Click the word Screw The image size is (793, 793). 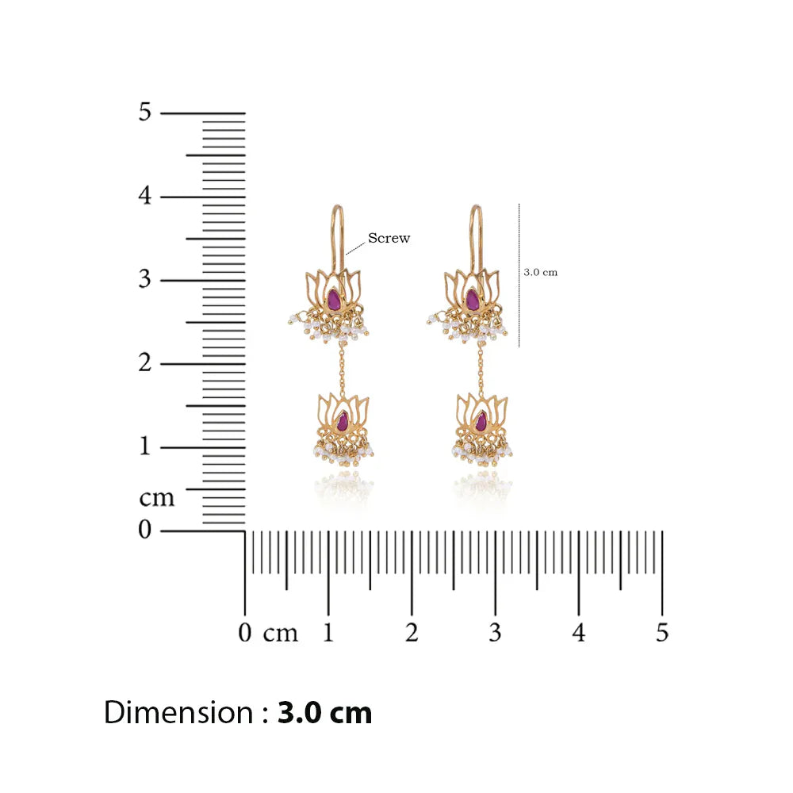389,238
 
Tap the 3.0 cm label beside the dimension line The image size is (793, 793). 541,272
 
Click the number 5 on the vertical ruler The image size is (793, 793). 145,112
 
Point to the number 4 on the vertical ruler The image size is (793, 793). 145,195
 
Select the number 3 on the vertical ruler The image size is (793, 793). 145,279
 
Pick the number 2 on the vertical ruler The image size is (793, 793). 145,362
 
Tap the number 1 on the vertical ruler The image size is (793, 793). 145,446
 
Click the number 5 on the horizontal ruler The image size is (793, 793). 662,633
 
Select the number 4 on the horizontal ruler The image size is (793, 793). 579,633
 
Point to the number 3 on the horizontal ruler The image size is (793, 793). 495,633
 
